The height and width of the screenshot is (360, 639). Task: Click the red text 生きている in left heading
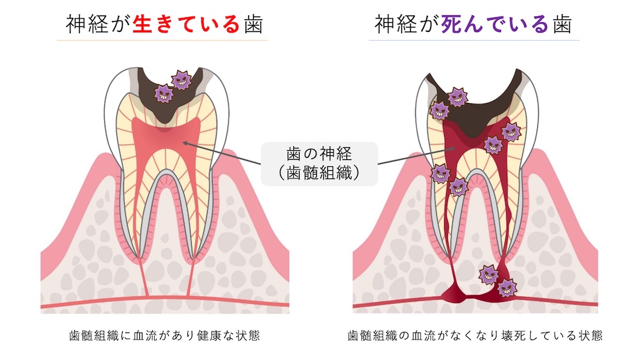[186, 24]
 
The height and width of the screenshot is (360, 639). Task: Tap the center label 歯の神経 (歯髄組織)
[319, 164]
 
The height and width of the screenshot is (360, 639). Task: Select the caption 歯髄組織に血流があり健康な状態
[165, 335]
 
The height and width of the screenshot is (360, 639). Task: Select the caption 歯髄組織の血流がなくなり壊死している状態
[475, 335]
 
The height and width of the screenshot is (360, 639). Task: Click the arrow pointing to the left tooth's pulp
[221, 153]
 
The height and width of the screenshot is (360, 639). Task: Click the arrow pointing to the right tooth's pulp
[417, 156]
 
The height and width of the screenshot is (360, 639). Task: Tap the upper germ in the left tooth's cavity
[181, 80]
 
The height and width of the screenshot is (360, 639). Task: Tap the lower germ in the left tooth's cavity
[164, 94]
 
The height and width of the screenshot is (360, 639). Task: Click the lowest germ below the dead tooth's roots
[507, 288]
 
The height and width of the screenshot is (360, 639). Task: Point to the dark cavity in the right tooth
[477, 107]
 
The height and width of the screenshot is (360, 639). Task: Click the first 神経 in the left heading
[87, 24]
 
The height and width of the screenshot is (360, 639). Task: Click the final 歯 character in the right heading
[562, 24]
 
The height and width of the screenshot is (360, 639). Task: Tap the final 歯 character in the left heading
[253, 24]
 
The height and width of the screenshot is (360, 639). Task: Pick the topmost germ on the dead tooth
[458, 97]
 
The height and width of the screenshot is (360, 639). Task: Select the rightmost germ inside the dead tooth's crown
[511, 131]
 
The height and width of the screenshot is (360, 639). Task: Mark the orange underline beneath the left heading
[162, 40]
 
